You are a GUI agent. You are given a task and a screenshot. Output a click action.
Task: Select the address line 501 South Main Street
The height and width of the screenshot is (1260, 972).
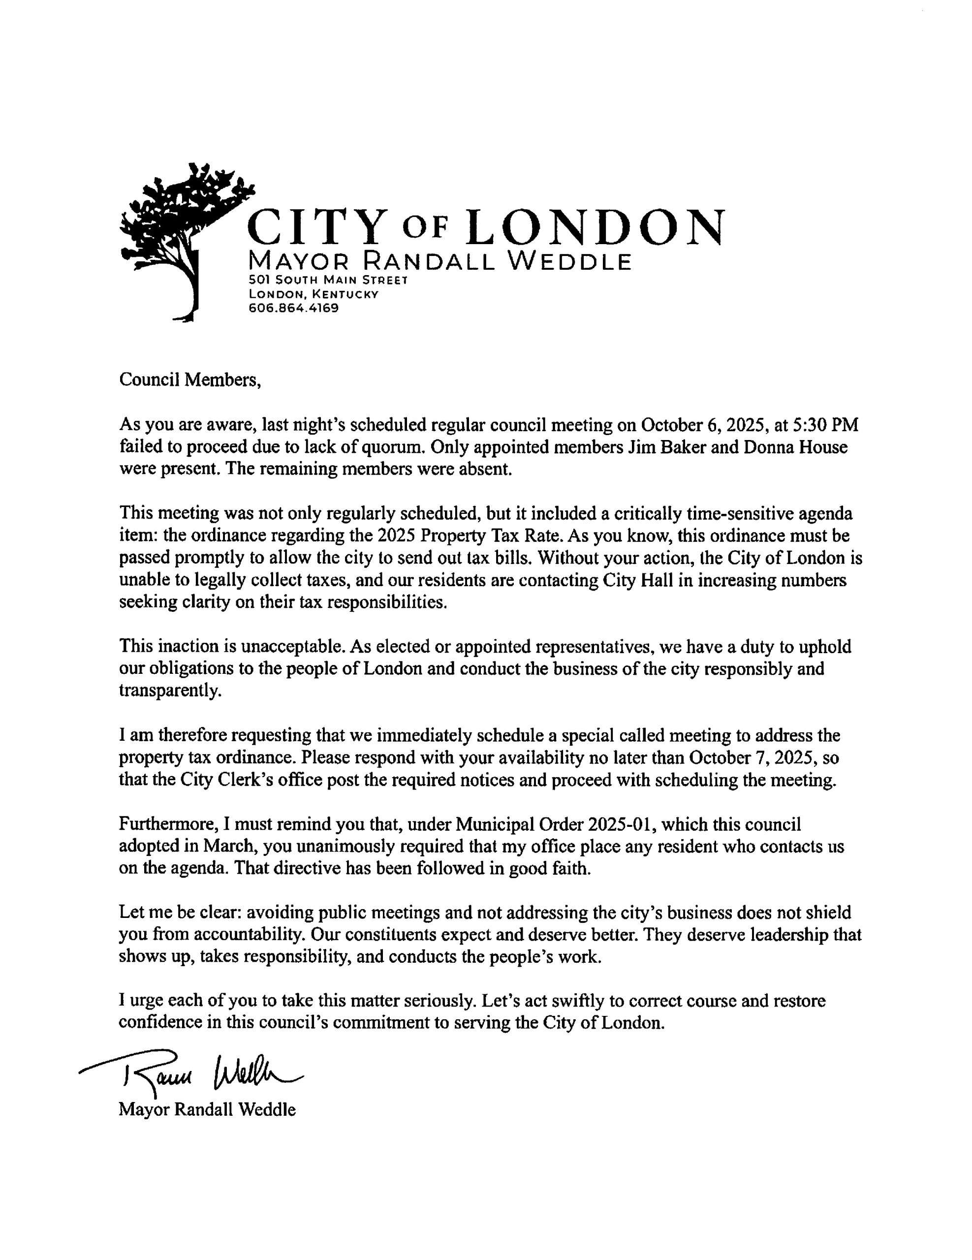[328, 281]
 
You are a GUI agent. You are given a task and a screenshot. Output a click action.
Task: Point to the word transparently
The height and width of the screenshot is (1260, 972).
[170, 691]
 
